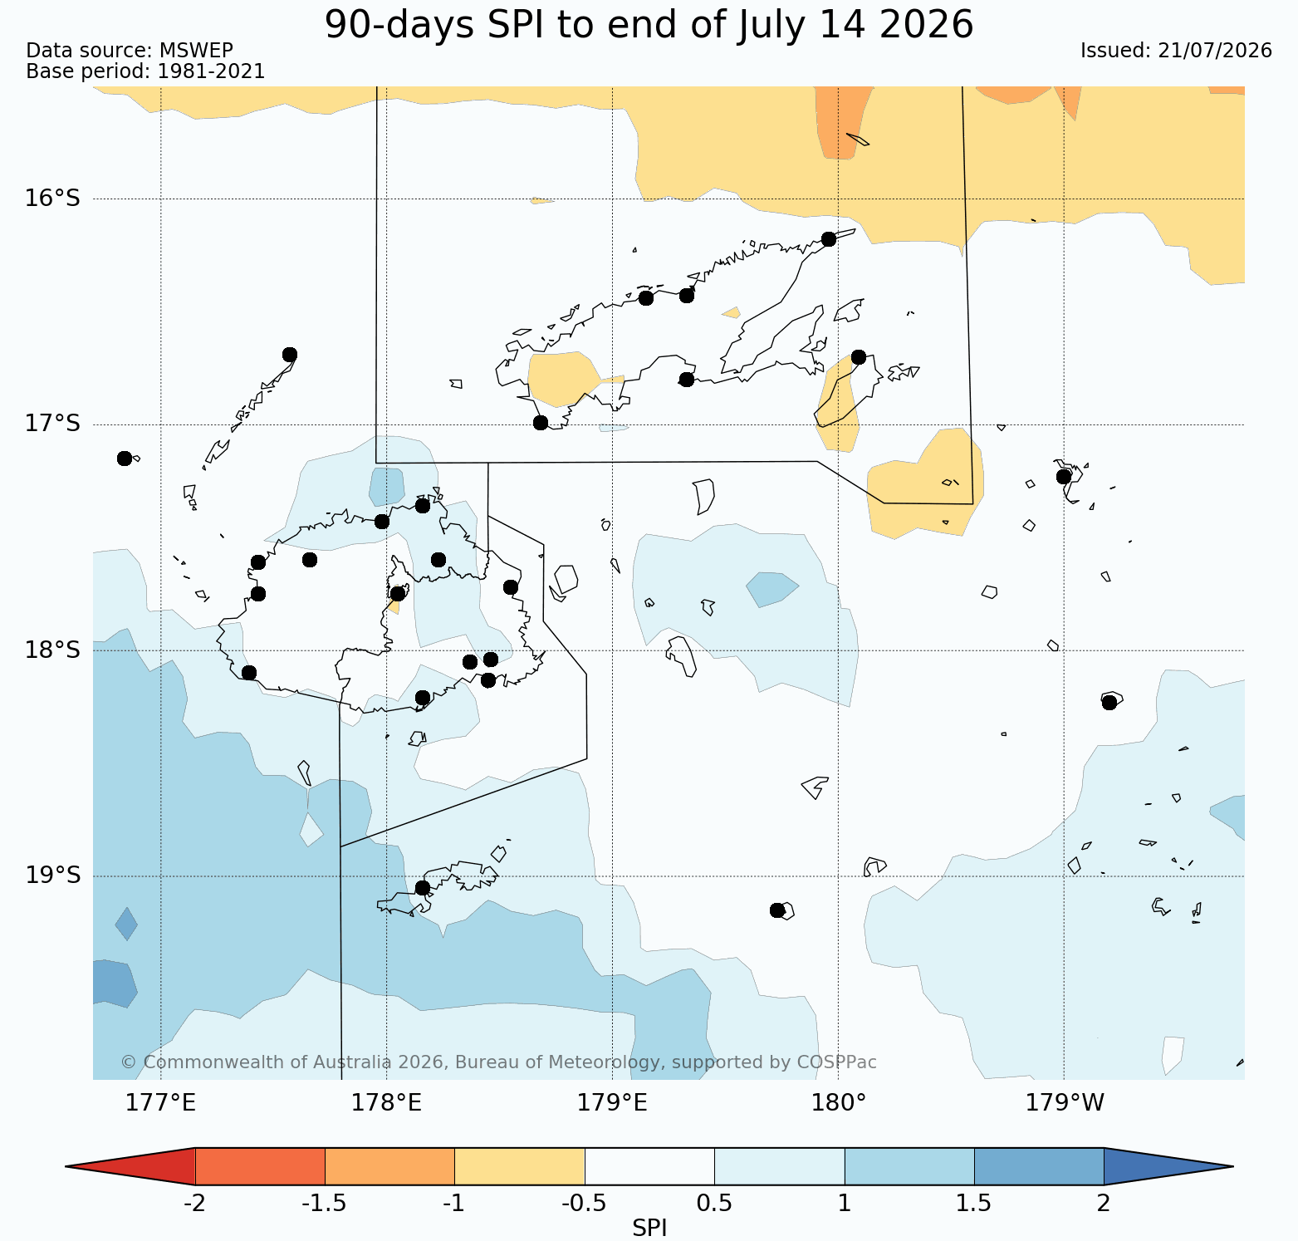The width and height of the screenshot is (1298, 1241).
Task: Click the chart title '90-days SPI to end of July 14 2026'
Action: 649,24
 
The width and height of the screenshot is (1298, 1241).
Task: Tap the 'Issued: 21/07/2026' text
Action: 1176,51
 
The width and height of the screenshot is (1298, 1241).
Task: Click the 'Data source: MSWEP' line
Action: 130,51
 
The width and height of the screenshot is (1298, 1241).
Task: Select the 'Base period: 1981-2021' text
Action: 145,71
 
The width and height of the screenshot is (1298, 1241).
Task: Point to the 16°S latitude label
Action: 52,199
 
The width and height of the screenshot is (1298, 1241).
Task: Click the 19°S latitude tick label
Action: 52,876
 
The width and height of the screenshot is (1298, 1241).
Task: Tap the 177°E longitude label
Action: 160,1103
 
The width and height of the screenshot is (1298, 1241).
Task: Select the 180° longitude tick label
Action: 838,1103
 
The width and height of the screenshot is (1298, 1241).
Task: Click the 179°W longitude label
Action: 1065,1103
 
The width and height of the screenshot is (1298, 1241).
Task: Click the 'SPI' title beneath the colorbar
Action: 649,1229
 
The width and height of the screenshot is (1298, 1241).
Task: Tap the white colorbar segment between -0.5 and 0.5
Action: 649,1166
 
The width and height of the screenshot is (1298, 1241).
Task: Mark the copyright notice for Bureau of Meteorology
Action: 498,1062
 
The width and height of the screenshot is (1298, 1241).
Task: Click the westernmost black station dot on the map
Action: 125,459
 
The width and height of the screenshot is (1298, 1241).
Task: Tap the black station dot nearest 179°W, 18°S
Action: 1109,703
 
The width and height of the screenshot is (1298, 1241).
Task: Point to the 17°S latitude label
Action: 52,424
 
